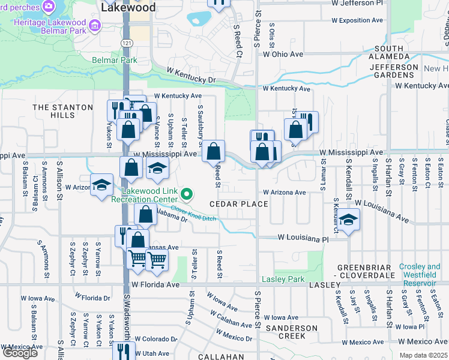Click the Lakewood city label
coord(128,8)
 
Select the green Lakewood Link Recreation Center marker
coord(187,193)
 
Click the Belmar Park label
coord(115,60)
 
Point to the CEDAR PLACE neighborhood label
coord(238,204)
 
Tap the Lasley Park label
coord(283,280)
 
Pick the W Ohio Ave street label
coord(283,54)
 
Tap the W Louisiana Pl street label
coord(303,238)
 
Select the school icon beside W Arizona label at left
coord(101,185)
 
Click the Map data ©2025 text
coord(423,355)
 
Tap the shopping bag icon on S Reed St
coord(213,151)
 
